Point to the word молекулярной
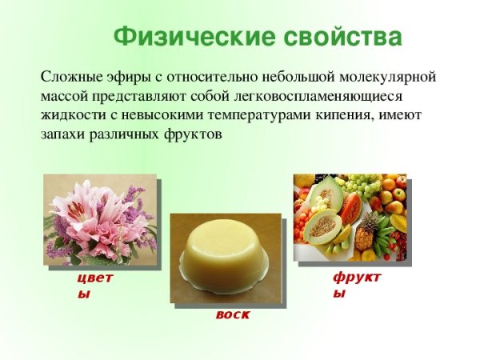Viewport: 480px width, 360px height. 389,78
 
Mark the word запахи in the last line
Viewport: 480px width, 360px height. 62,135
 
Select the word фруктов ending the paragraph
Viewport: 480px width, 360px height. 192,135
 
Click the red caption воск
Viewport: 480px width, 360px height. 232,314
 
